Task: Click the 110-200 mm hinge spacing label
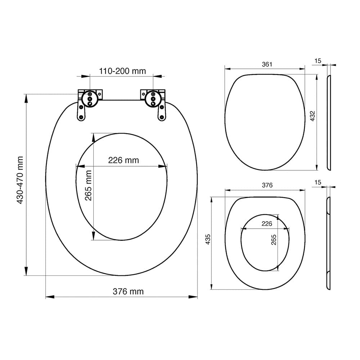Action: click(122, 71)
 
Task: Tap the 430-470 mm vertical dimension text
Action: click(20, 180)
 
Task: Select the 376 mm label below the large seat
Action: click(128, 291)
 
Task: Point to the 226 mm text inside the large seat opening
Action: click(123, 160)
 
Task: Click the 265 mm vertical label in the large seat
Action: click(89, 185)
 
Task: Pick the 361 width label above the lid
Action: click(267, 64)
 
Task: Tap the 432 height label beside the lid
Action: click(312, 116)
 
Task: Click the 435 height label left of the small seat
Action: click(208, 239)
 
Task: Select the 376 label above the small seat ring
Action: click(267, 185)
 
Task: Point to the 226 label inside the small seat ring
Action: click(266, 224)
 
